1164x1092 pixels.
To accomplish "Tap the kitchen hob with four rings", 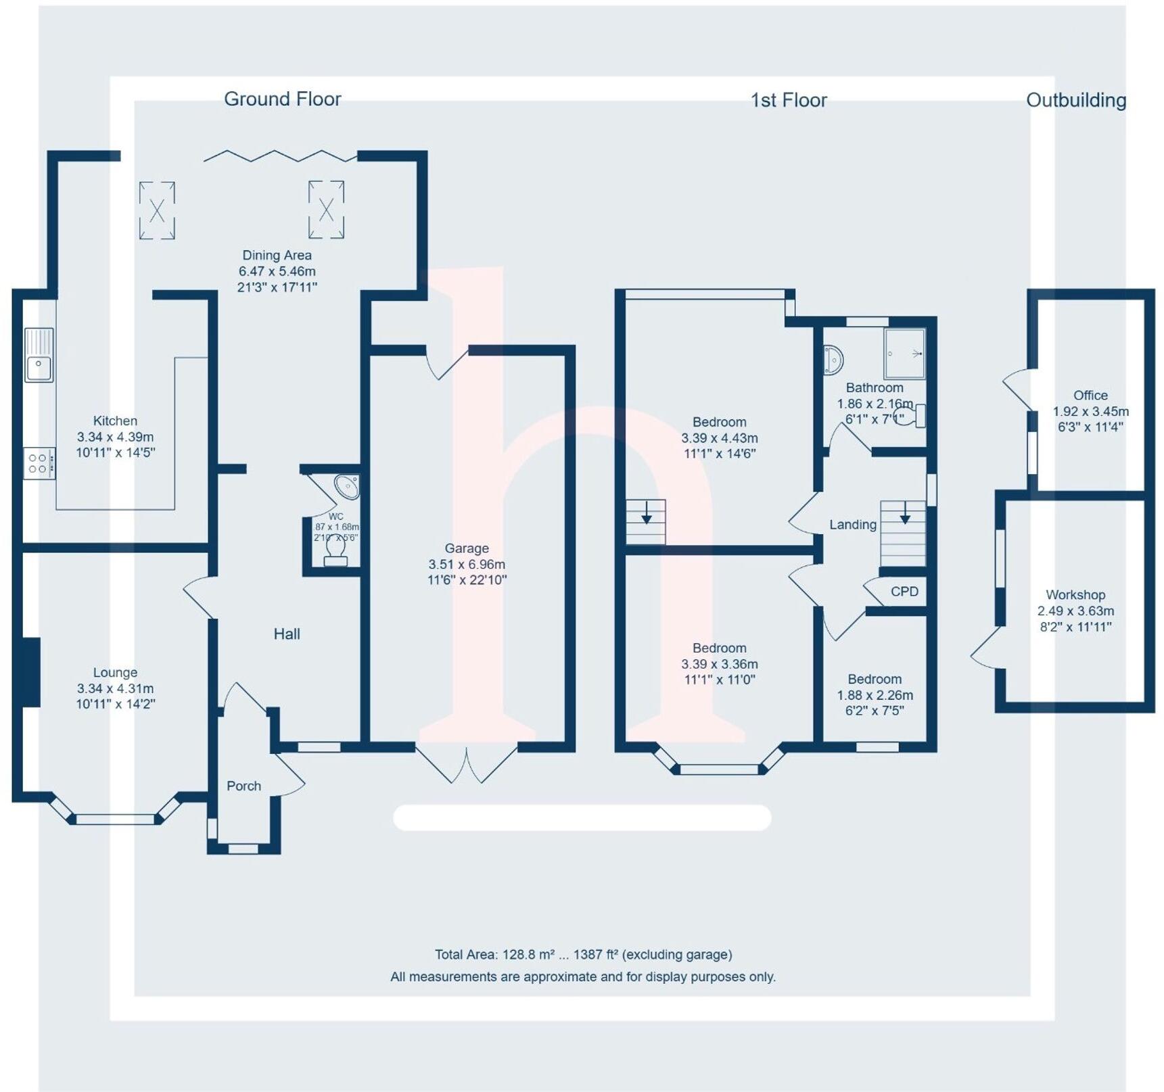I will coord(39,464).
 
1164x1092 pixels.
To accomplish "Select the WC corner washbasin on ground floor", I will coord(348,486).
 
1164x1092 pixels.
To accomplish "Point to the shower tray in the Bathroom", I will coord(904,354).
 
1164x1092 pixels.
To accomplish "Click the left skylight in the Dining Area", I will coord(157,210).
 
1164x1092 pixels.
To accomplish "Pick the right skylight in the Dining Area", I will coord(326,210).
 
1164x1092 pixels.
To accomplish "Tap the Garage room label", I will coord(467,548).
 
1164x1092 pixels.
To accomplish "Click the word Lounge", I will coord(115,673).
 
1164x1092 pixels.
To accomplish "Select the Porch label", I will coord(243,786).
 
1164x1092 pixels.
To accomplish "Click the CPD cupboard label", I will coord(904,592).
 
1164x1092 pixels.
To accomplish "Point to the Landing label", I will coord(853,525).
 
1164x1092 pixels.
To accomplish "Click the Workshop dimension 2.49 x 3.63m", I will coord(1075,611).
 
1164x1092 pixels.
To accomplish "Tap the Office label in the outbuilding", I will coord(1090,396).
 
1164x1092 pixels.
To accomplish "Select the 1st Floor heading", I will coord(789,100).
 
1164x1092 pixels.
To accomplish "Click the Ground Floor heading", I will coord(283,99).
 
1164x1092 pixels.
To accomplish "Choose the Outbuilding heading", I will coord(1076,100).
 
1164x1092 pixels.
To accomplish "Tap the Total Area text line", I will coord(583,955).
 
